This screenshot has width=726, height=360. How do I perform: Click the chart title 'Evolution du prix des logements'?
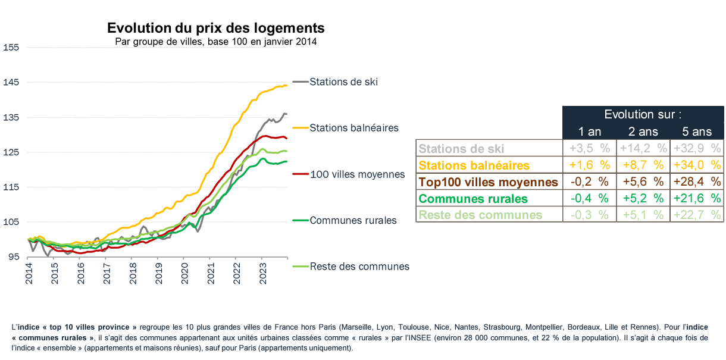(x=215, y=29)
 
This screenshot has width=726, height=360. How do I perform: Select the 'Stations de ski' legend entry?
(x=343, y=82)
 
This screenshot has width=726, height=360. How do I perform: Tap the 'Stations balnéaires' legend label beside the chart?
(x=353, y=128)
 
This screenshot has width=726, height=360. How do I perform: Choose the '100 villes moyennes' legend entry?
(x=357, y=174)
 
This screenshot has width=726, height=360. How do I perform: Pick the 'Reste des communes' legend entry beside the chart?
(x=359, y=267)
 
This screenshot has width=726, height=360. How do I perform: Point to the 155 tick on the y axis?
(x=11, y=47)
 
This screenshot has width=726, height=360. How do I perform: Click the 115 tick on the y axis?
(x=11, y=187)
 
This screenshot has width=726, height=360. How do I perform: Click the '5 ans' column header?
(x=697, y=132)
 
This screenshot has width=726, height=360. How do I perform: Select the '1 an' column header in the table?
(x=589, y=132)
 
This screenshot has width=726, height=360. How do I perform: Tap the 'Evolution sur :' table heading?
(x=643, y=114)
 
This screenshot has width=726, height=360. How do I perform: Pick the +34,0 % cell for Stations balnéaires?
(x=697, y=165)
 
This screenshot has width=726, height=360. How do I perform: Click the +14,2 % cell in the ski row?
(x=643, y=148)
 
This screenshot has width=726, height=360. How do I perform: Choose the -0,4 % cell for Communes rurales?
(x=589, y=198)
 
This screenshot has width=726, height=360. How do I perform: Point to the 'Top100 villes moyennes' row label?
(x=489, y=181)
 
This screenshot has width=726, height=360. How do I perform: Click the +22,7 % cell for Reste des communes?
(x=697, y=215)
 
